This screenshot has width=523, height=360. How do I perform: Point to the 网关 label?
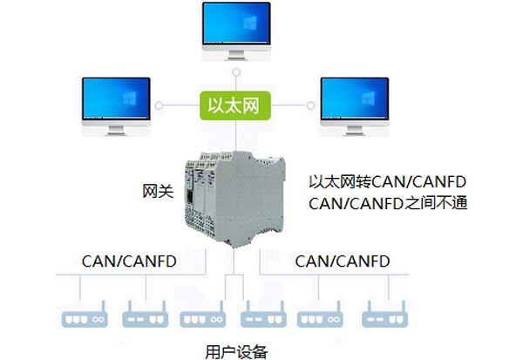(157, 191)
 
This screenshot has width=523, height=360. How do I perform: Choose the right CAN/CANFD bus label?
(342, 261)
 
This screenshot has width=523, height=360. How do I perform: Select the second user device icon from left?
(142, 315)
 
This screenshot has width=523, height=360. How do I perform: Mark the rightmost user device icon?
(384, 315)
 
